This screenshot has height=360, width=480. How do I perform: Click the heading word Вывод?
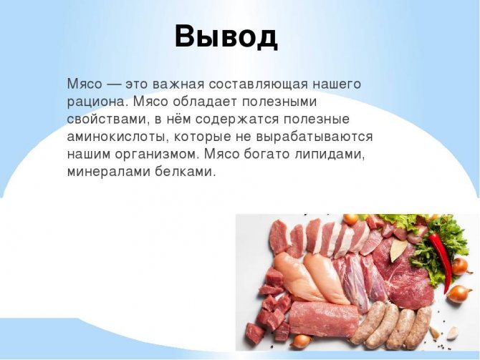tap(226, 36)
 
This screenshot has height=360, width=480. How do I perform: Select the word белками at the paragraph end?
tap(186, 172)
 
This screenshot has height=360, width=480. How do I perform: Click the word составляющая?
tap(250, 84)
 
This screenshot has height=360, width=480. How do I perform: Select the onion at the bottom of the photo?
tap(302, 341)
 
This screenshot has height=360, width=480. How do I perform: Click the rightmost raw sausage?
tap(418, 326)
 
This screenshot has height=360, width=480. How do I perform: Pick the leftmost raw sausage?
tap(367, 322)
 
